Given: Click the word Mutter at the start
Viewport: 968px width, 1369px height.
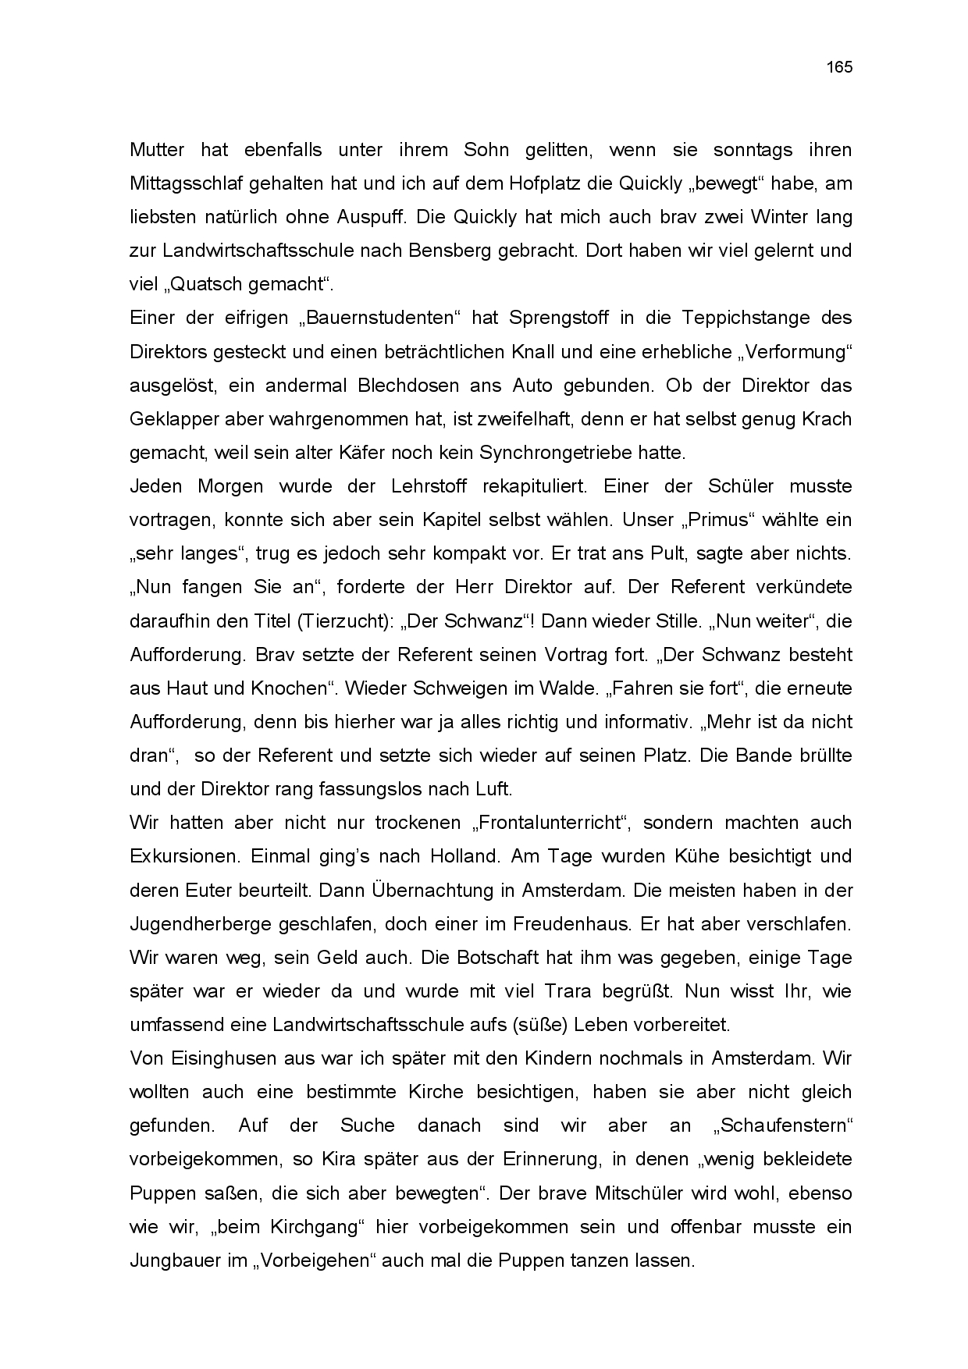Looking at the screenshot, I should click(156, 150).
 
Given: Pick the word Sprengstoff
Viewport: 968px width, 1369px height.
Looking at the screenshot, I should click(558, 318).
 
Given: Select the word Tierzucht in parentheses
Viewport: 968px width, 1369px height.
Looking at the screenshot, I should click(351, 621).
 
